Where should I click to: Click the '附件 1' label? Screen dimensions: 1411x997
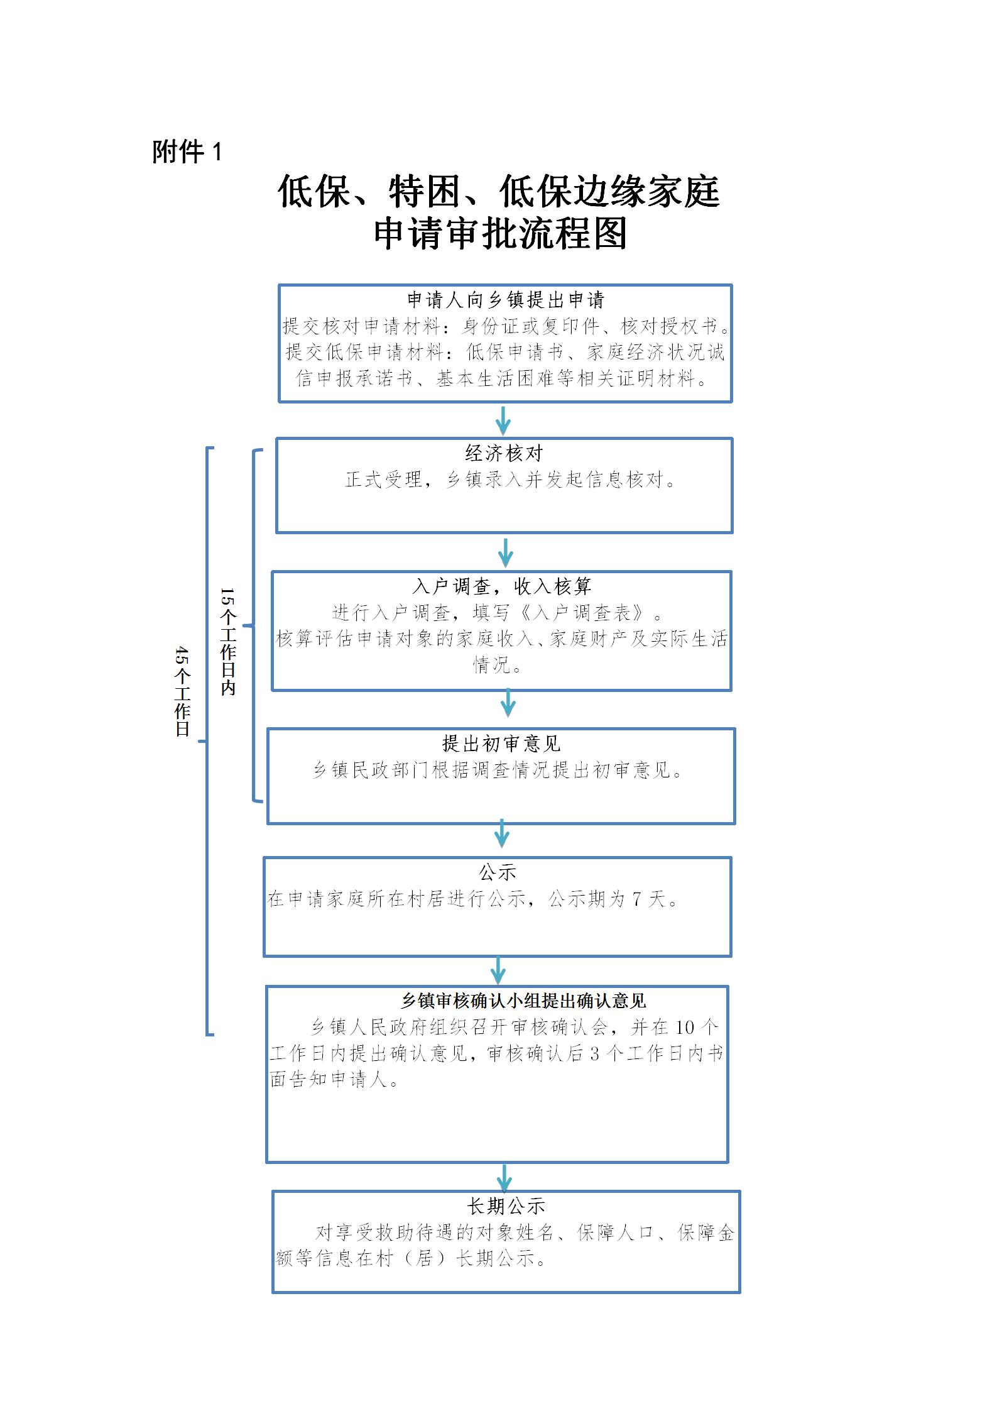click(x=187, y=152)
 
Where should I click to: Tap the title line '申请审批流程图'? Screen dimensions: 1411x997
click(x=500, y=234)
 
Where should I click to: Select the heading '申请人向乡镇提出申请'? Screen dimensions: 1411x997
click(x=505, y=300)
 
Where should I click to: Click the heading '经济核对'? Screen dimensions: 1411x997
click(x=504, y=453)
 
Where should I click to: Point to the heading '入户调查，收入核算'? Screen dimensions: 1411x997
click(x=502, y=586)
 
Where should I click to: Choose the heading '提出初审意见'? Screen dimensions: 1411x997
click(x=501, y=744)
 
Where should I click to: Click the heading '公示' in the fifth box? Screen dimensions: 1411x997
click(x=498, y=872)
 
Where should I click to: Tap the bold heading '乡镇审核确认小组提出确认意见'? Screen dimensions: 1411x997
click(x=523, y=1001)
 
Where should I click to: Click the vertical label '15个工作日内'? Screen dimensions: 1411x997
click(x=227, y=641)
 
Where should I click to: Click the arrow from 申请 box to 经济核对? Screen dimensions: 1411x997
click(x=503, y=420)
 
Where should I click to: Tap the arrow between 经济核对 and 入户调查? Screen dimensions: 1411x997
click(x=506, y=552)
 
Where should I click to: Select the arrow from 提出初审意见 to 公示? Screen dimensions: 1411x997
click(x=501, y=833)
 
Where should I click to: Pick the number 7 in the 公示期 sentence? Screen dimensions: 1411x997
click(x=637, y=899)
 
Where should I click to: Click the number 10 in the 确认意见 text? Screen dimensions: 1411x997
click(x=684, y=1028)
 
